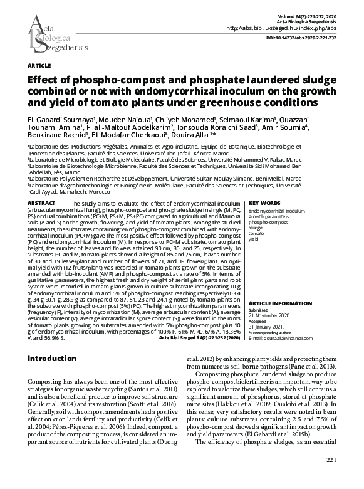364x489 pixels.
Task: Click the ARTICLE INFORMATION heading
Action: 280,303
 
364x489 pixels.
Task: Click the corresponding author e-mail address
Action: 279,338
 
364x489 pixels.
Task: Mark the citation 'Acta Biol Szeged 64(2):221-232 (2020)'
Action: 200,337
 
